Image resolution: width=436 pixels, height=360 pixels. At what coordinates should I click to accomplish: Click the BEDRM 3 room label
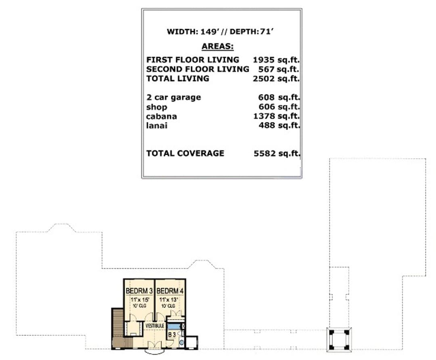(139, 291)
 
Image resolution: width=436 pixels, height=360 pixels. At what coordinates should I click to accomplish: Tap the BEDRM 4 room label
(170, 291)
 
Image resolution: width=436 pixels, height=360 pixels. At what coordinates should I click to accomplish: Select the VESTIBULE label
(155, 326)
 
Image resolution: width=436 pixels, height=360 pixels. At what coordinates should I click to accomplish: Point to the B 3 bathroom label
(172, 335)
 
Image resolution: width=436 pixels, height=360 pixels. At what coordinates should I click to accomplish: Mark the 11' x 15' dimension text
(140, 300)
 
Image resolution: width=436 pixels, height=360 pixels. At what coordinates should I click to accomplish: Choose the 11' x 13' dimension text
(168, 300)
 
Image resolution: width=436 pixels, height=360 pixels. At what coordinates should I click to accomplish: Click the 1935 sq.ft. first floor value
(276, 60)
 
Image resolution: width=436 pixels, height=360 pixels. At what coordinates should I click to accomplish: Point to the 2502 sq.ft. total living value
(276, 79)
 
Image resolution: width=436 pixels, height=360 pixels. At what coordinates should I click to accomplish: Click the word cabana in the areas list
(161, 116)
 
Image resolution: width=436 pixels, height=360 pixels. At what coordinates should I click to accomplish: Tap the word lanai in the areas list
(157, 126)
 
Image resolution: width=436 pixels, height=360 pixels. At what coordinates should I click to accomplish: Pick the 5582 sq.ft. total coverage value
(277, 153)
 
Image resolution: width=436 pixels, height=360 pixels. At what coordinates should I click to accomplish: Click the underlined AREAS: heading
(218, 46)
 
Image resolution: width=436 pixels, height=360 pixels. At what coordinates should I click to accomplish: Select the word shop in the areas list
(157, 107)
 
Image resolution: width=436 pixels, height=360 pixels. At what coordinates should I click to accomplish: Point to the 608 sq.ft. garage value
(279, 97)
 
